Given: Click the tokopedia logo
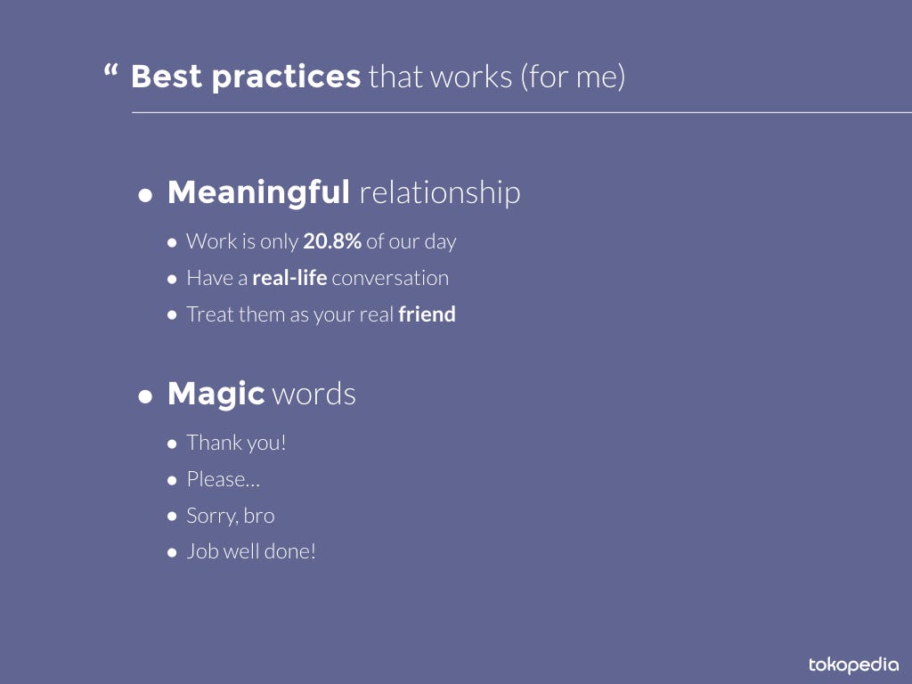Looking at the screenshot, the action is (x=853, y=664).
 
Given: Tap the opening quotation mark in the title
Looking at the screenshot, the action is (x=110, y=71).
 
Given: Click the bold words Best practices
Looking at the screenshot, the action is (x=246, y=77).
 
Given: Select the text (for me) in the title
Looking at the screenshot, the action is (x=573, y=77).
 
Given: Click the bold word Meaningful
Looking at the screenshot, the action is (x=258, y=192).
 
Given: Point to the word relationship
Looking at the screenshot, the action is (x=440, y=192).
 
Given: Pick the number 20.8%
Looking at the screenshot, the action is (x=333, y=240).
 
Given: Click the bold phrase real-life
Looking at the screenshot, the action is (x=289, y=278).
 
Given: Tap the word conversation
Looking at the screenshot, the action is (x=390, y=278).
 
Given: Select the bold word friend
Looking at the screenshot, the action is (x=427, y=314).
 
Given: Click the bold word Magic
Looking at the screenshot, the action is (x=216, y=395).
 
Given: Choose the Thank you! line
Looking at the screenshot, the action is (x=236, y=443).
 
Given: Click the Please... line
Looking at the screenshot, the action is (x=224, y=479).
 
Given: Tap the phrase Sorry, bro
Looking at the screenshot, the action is (x=231, y=516).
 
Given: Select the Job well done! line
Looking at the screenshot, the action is (x=251, y=551).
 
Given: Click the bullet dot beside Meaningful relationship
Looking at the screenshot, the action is (x=145, y=195).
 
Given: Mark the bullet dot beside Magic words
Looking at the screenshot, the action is (x=145, y=396).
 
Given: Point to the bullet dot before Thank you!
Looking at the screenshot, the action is (x=172, y=444).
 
